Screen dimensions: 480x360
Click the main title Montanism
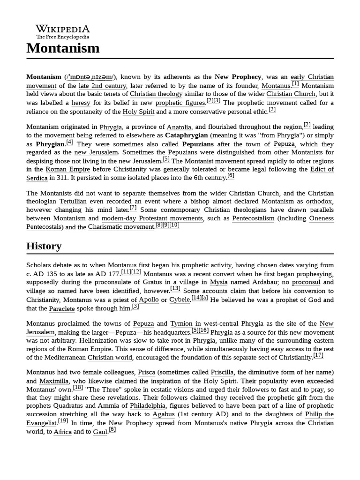pos(63,48)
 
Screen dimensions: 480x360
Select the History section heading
pos(44,246)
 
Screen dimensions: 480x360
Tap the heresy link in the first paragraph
pos(81,103)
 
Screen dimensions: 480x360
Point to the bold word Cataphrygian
pos(187,135)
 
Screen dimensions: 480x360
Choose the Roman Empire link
pos(63,169)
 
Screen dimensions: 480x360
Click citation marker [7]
pos(133,208)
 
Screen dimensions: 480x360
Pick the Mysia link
pos(218,282)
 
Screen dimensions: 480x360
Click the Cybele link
pos(180,300)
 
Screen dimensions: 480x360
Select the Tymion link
pos(181,324)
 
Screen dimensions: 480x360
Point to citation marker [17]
pos(318,356)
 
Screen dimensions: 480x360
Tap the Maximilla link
pos(54,381)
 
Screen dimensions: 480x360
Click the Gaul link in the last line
pos(100,432)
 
